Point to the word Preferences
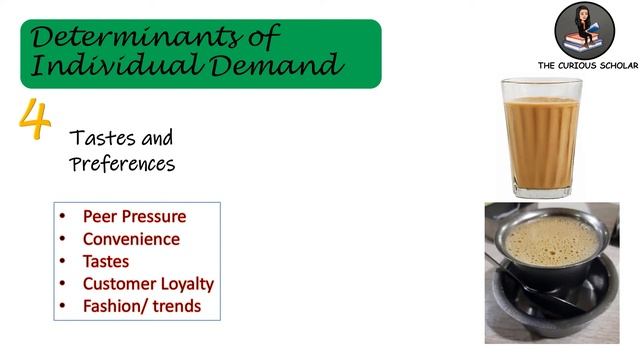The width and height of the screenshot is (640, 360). click(x=122, y=164)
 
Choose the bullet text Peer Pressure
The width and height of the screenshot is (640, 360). click(x=134, y=216)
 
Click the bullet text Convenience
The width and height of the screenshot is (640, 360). click(x=131, y=239)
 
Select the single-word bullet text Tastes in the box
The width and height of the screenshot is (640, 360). click(x=105, y=261)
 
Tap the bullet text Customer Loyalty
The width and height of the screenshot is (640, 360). click(x=148, y=283)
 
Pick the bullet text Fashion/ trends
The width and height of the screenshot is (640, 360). click(x=141, y=306)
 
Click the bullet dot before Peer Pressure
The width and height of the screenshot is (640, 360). click(x=62, y=216)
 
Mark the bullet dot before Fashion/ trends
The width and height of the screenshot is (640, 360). click(x=62, y=306)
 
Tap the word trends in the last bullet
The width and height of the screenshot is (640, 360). click(x=176, y=306)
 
